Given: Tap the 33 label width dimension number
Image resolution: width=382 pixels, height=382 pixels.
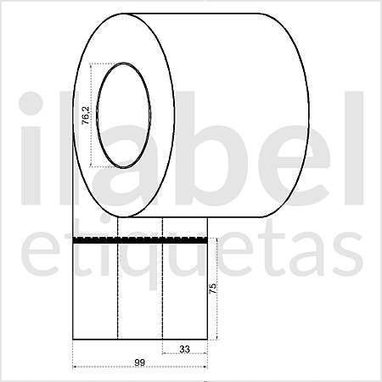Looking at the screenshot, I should [x=184, y=348].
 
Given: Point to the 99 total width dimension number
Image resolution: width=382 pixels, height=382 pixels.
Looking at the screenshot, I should [x=138, y=362].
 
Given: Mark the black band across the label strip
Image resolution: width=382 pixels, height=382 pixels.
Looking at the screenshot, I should [x=140, y=242].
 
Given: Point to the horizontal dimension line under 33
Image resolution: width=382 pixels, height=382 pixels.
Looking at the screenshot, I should [x=184, y=354].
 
